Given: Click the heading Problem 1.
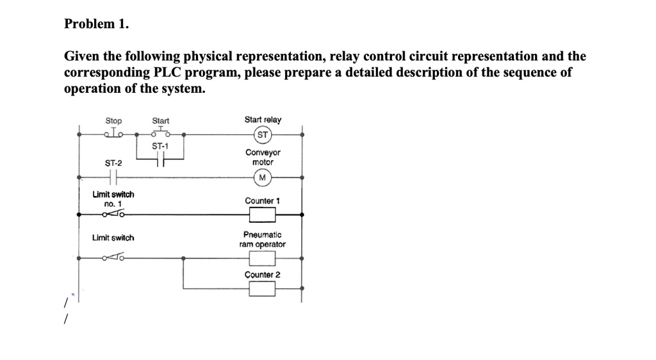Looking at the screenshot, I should [x=96, y=24].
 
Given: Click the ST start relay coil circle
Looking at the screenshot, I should [x=263, y=135].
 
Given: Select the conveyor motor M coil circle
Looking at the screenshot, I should [x=263, y=177].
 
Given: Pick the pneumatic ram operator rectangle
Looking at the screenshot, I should [x=262, y=258].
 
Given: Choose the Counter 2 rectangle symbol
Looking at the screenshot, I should [x=262, y=289].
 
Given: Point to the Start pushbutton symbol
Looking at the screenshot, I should [x=161, y=133].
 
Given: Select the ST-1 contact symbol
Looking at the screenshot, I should [x=160, y=160].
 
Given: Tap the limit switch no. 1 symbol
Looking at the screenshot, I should [x=113, y=215].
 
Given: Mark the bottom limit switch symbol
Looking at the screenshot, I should [x=113, y=258].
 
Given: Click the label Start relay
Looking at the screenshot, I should [x=263, y=120].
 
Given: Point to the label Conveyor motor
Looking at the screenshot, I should [x=263, y=158].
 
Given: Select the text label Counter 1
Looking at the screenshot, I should [x=262, y=201].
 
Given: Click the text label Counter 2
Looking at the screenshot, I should [x=262, y=275].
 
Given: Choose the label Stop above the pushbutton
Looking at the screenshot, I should [x=113, y=120].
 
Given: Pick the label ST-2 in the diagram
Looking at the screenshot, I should [x=113, y=163].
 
